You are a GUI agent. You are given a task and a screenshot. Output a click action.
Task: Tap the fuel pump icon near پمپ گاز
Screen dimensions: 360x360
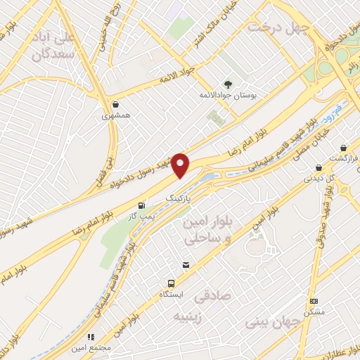(143, 206)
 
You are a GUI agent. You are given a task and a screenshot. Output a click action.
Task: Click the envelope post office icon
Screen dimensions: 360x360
(186, 265)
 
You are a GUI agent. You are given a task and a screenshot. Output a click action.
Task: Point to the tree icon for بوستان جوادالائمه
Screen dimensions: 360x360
(226, 85)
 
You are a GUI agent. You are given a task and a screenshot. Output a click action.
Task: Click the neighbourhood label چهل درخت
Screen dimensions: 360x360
(278, 27)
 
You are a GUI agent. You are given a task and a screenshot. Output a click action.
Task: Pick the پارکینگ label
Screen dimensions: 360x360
(179, 199)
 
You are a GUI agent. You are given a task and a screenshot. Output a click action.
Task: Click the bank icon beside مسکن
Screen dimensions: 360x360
(313, 301)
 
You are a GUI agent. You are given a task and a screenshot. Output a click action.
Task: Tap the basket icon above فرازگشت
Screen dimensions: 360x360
(343, 148)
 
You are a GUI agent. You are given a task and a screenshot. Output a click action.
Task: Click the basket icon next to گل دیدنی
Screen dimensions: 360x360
(319, 167)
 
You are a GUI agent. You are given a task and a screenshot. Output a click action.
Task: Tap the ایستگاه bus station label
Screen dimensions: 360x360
(167, 292)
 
